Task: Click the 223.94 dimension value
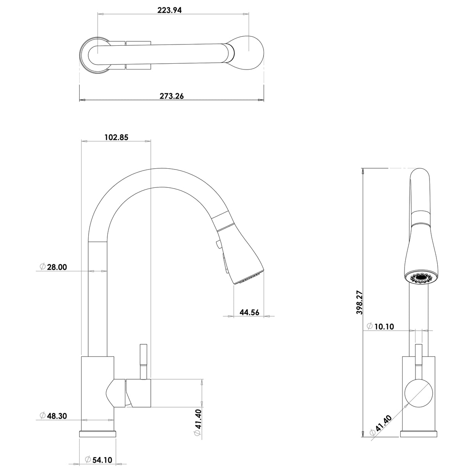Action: click(x=169, y=11)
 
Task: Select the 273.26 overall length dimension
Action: click(x=171, y=96)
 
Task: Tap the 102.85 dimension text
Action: click(x=116, y=137)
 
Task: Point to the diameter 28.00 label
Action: click(x=53, y=267)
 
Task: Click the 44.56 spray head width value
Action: click(x=249, y=312)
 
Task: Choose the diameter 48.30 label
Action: click(x=53, y=416)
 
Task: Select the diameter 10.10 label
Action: click(x=381, y=326)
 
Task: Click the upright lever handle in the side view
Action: click(x=143, y=361)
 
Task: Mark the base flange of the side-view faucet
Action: click(x=98, y=434)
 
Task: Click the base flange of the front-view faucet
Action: click(x=419, y=434)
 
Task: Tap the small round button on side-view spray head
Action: click(x=217, y=245)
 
